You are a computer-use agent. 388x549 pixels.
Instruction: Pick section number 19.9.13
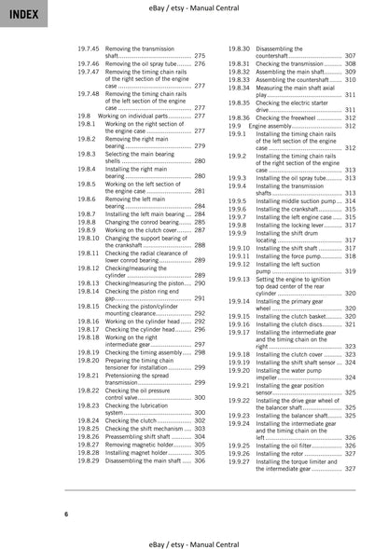click(x=239, y=279)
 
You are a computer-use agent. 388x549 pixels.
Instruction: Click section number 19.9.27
click(x=239, y=460)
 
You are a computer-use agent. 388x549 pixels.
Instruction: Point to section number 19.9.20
click(x=239, y=370)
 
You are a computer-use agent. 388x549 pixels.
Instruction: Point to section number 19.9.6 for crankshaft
click(x=239, y=209)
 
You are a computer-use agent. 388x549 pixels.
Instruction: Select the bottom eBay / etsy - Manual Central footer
click(x=193, y=540)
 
